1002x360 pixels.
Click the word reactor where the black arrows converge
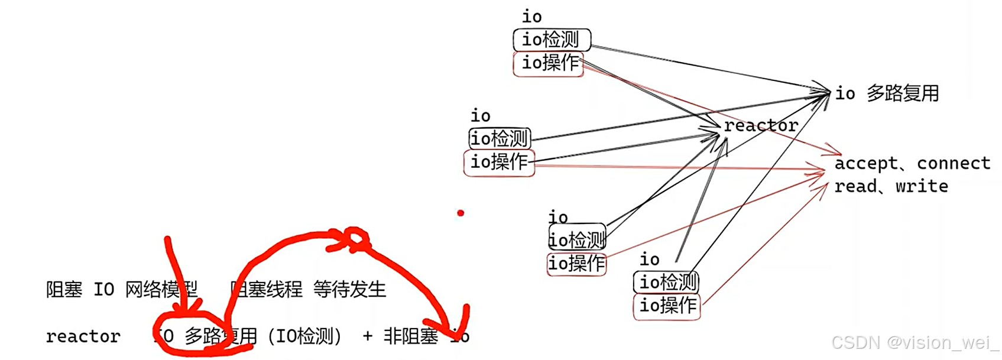tap(761, 125)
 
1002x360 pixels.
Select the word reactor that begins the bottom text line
tap(83, 336)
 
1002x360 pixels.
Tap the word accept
tap(865, 163)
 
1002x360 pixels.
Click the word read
tap(855, 186)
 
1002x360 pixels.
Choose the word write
tap(922, 186)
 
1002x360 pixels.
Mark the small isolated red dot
tap(461, 213)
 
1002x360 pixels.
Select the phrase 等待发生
tap(349, 289)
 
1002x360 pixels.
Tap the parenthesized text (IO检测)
tap(305, 336)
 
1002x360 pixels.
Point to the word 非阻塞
tap(411, 336)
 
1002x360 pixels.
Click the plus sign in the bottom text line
tap(368, 336)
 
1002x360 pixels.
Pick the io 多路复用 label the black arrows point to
tap(887, 93)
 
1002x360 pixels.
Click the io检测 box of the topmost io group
tap(551, 40)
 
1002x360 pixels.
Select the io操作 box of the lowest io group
tap(667, 306)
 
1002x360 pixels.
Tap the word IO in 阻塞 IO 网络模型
tap(103, 289)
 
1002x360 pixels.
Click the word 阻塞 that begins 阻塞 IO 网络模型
tap(64, 289)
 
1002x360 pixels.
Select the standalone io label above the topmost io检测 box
tap(531, 17)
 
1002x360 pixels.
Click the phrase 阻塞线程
tap(267, 289)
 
